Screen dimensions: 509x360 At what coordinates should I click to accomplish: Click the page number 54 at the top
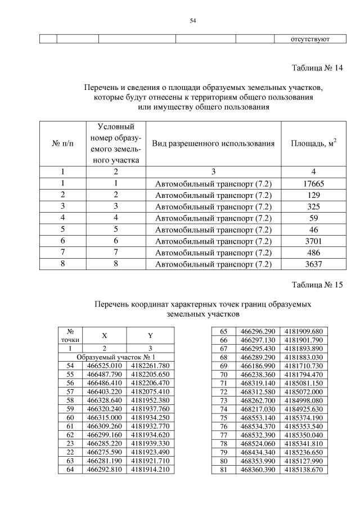coord(193,21)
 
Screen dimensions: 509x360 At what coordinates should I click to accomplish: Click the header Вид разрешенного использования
coord(213,143)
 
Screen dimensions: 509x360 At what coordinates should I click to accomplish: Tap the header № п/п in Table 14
coord(62,143)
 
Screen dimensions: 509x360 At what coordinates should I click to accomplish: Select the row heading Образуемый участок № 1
coord(115,357)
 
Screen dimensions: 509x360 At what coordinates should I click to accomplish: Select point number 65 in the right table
coord(223,331)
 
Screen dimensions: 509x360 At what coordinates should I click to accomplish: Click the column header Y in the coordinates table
coord(150,336)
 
